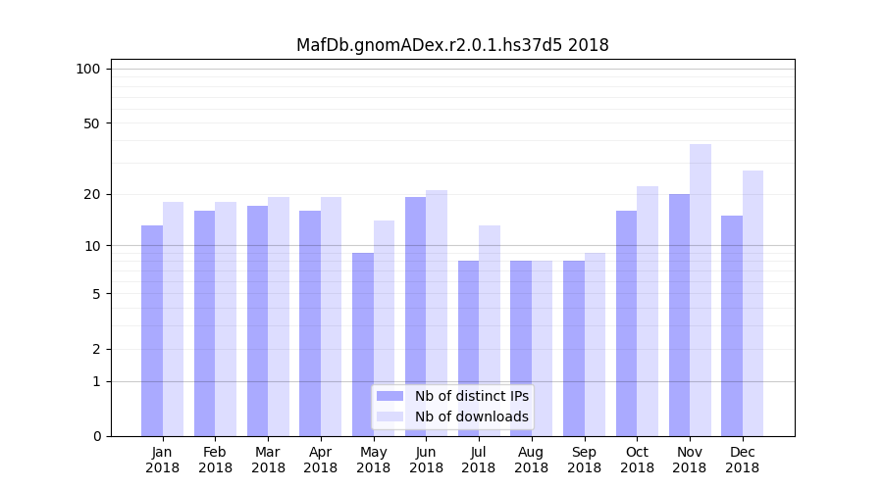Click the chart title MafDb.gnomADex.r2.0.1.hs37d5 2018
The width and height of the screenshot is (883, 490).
452,45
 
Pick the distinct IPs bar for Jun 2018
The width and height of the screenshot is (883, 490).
415,317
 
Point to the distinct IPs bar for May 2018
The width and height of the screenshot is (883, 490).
363,344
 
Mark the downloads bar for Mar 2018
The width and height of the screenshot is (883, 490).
279,317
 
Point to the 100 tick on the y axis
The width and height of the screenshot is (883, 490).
88,69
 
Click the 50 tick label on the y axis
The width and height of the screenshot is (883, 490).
91,123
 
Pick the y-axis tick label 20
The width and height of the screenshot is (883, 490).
91,194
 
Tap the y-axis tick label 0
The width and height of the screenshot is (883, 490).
96,436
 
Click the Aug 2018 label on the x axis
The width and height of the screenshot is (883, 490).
531,460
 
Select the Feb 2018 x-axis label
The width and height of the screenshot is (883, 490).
215,460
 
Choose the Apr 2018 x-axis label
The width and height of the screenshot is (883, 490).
321,460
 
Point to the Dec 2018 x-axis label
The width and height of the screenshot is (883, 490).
742,460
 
